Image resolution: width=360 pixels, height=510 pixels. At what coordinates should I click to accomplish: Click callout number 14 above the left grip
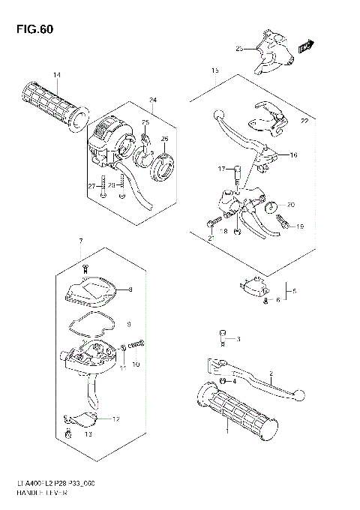tap(56, 73)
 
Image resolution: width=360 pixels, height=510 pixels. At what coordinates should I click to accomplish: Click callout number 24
tap(152, 100)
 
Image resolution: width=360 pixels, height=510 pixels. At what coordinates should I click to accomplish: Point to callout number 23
tap(239, 49)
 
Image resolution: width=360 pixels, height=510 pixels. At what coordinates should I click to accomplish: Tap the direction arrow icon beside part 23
tap(305, 47)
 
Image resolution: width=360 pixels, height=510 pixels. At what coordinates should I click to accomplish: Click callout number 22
tap(305, 121)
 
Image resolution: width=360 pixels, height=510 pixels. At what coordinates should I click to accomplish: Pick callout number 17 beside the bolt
tap(222, 168)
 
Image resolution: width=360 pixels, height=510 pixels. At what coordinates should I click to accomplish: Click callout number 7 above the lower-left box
tap(79, 241)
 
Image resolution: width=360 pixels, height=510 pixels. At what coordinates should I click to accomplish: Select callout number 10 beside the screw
tap(136, 364)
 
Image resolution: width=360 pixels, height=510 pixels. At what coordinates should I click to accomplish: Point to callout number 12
tap(115, 418)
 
